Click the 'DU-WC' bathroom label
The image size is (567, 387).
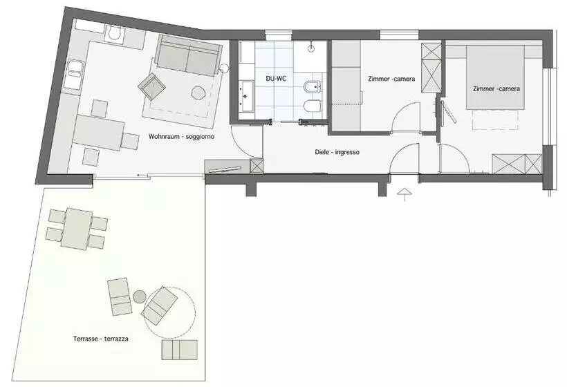[x=277, y=78]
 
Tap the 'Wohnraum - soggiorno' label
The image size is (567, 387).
[x=182, y=137]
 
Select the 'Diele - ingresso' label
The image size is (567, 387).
[x=337, y=152]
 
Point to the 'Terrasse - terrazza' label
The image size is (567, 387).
[x=100, y=339]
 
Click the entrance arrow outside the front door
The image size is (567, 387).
[x=404, y=193]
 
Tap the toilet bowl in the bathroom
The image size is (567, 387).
[x=313, y=106]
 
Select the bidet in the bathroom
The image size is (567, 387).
[x=313, y=86]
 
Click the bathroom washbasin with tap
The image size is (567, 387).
[x=247, y=96]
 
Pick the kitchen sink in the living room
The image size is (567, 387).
[x=74, y=75]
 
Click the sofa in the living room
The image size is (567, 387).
[x=188, y=55]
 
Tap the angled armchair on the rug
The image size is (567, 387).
[x=151, y=86]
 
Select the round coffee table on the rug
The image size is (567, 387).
[x=198, y=93]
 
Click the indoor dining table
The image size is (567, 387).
[x=98, y=133]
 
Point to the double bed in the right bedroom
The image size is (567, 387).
[x=494, y=77]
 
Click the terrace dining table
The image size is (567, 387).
[x=77, y=229]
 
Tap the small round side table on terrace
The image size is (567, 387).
[x=139, y=297]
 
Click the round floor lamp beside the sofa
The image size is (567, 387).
[x=224, y=68]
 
